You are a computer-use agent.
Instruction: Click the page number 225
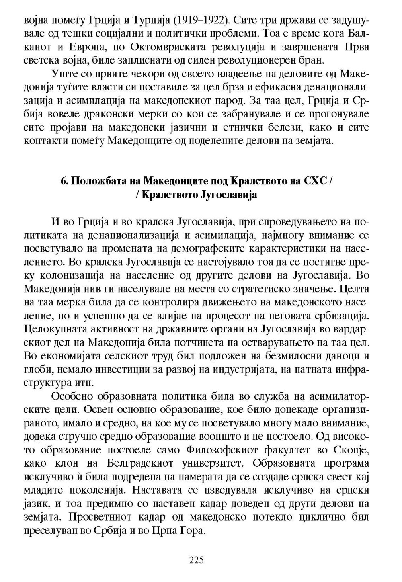(197, 559)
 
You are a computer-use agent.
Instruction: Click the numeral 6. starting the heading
(64, 181)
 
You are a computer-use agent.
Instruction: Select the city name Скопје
(354, 449)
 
